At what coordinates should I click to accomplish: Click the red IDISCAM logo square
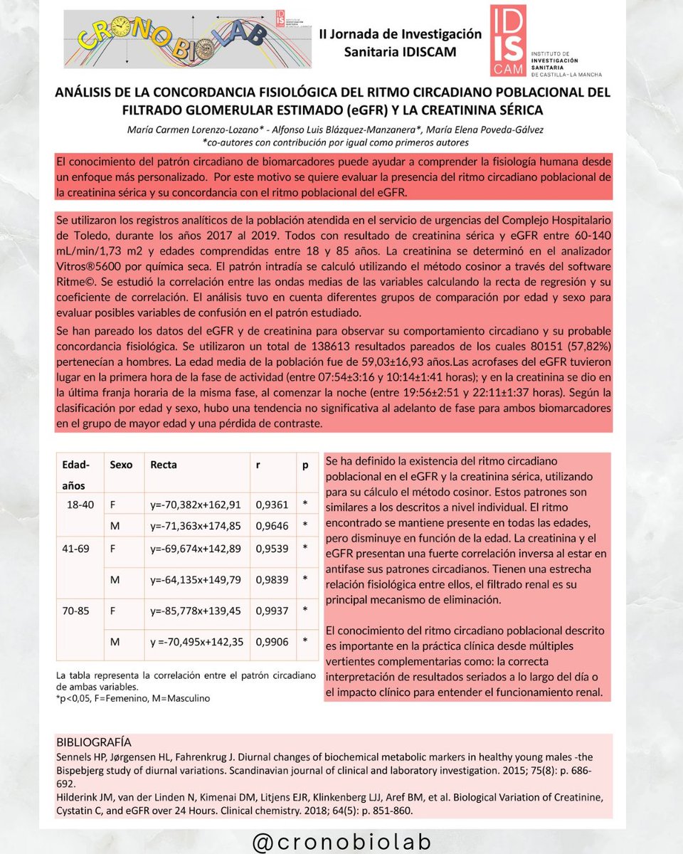click(509, 41)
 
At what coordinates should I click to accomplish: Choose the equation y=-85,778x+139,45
click(196, 610)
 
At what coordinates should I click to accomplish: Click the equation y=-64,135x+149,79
click(196, 579)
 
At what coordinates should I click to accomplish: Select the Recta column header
click(164, 465)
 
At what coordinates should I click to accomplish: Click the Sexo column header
click(121, 465)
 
